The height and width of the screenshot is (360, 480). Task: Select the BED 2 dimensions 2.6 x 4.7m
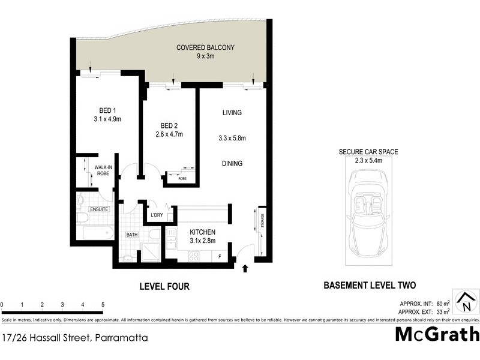point(168,134)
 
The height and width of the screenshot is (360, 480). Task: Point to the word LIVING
point(231,113)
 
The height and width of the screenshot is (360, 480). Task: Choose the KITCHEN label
point(203,232)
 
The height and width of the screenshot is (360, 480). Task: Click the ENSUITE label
point(98,209)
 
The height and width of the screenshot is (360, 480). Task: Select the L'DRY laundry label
point(157,215)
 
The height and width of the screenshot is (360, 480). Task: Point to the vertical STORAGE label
point(261,220)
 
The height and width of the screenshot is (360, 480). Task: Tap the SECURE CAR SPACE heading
point(368,152)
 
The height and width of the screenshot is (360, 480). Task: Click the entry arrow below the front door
point(245,268)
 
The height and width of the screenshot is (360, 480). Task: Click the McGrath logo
point(437,334)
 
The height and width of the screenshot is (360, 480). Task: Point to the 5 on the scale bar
point(103,305)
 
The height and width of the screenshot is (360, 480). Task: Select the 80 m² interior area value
point(442,303)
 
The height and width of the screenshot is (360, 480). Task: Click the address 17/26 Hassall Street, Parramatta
point(74,338)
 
